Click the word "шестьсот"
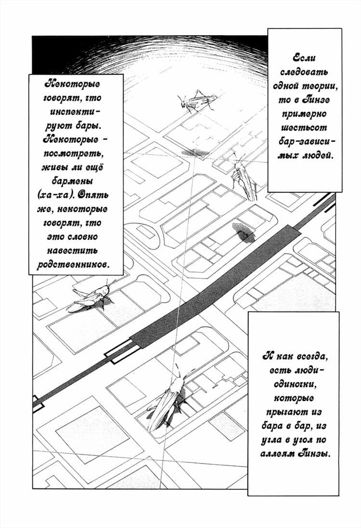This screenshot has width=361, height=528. pyautogui.click(x=304, y=128)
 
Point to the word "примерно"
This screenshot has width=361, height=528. pyautogui.click(x=304, y=114)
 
